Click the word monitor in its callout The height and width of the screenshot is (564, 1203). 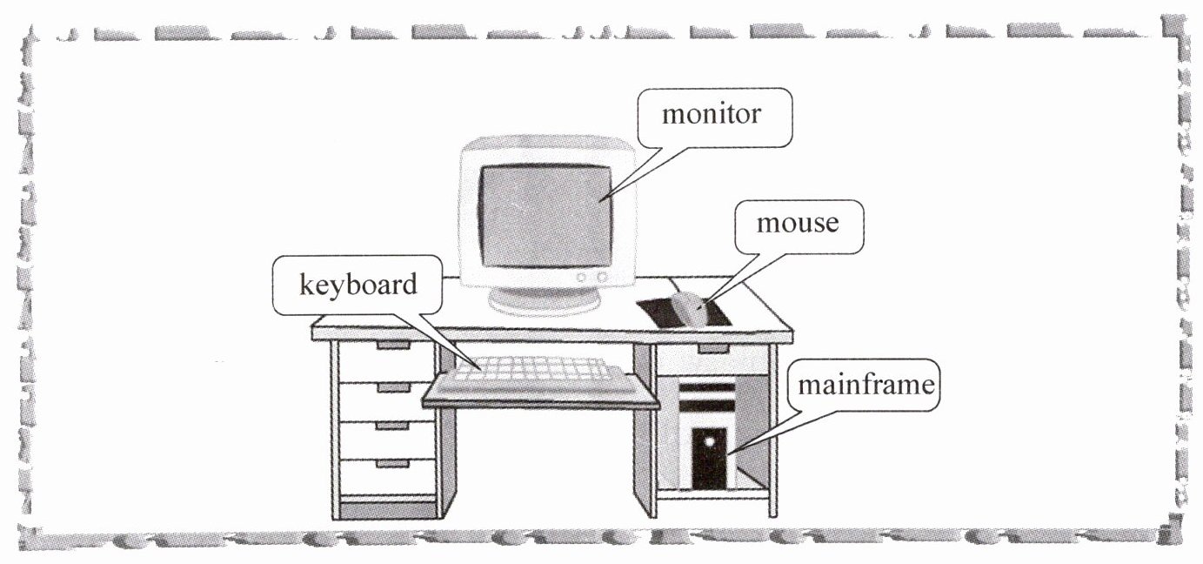[712, 115]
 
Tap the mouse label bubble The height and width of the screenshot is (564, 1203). [797, 224]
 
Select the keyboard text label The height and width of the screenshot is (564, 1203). [358, 285]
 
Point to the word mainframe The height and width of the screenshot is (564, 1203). [865, 385]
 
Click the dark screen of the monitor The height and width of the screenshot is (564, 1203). [546, 215]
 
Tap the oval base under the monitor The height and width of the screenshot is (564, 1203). [545, 300]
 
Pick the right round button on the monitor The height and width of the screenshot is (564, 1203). [601, 277]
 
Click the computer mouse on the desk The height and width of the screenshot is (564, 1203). [690, 310]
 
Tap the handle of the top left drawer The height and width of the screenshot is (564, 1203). [392, 346]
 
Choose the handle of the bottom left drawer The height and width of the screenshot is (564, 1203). [392, 464]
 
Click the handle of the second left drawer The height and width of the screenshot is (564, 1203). [392, 386]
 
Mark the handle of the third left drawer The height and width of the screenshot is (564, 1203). [392, 426]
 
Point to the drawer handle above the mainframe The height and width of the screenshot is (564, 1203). [713, 349]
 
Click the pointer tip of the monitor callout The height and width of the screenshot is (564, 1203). [600, 202]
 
